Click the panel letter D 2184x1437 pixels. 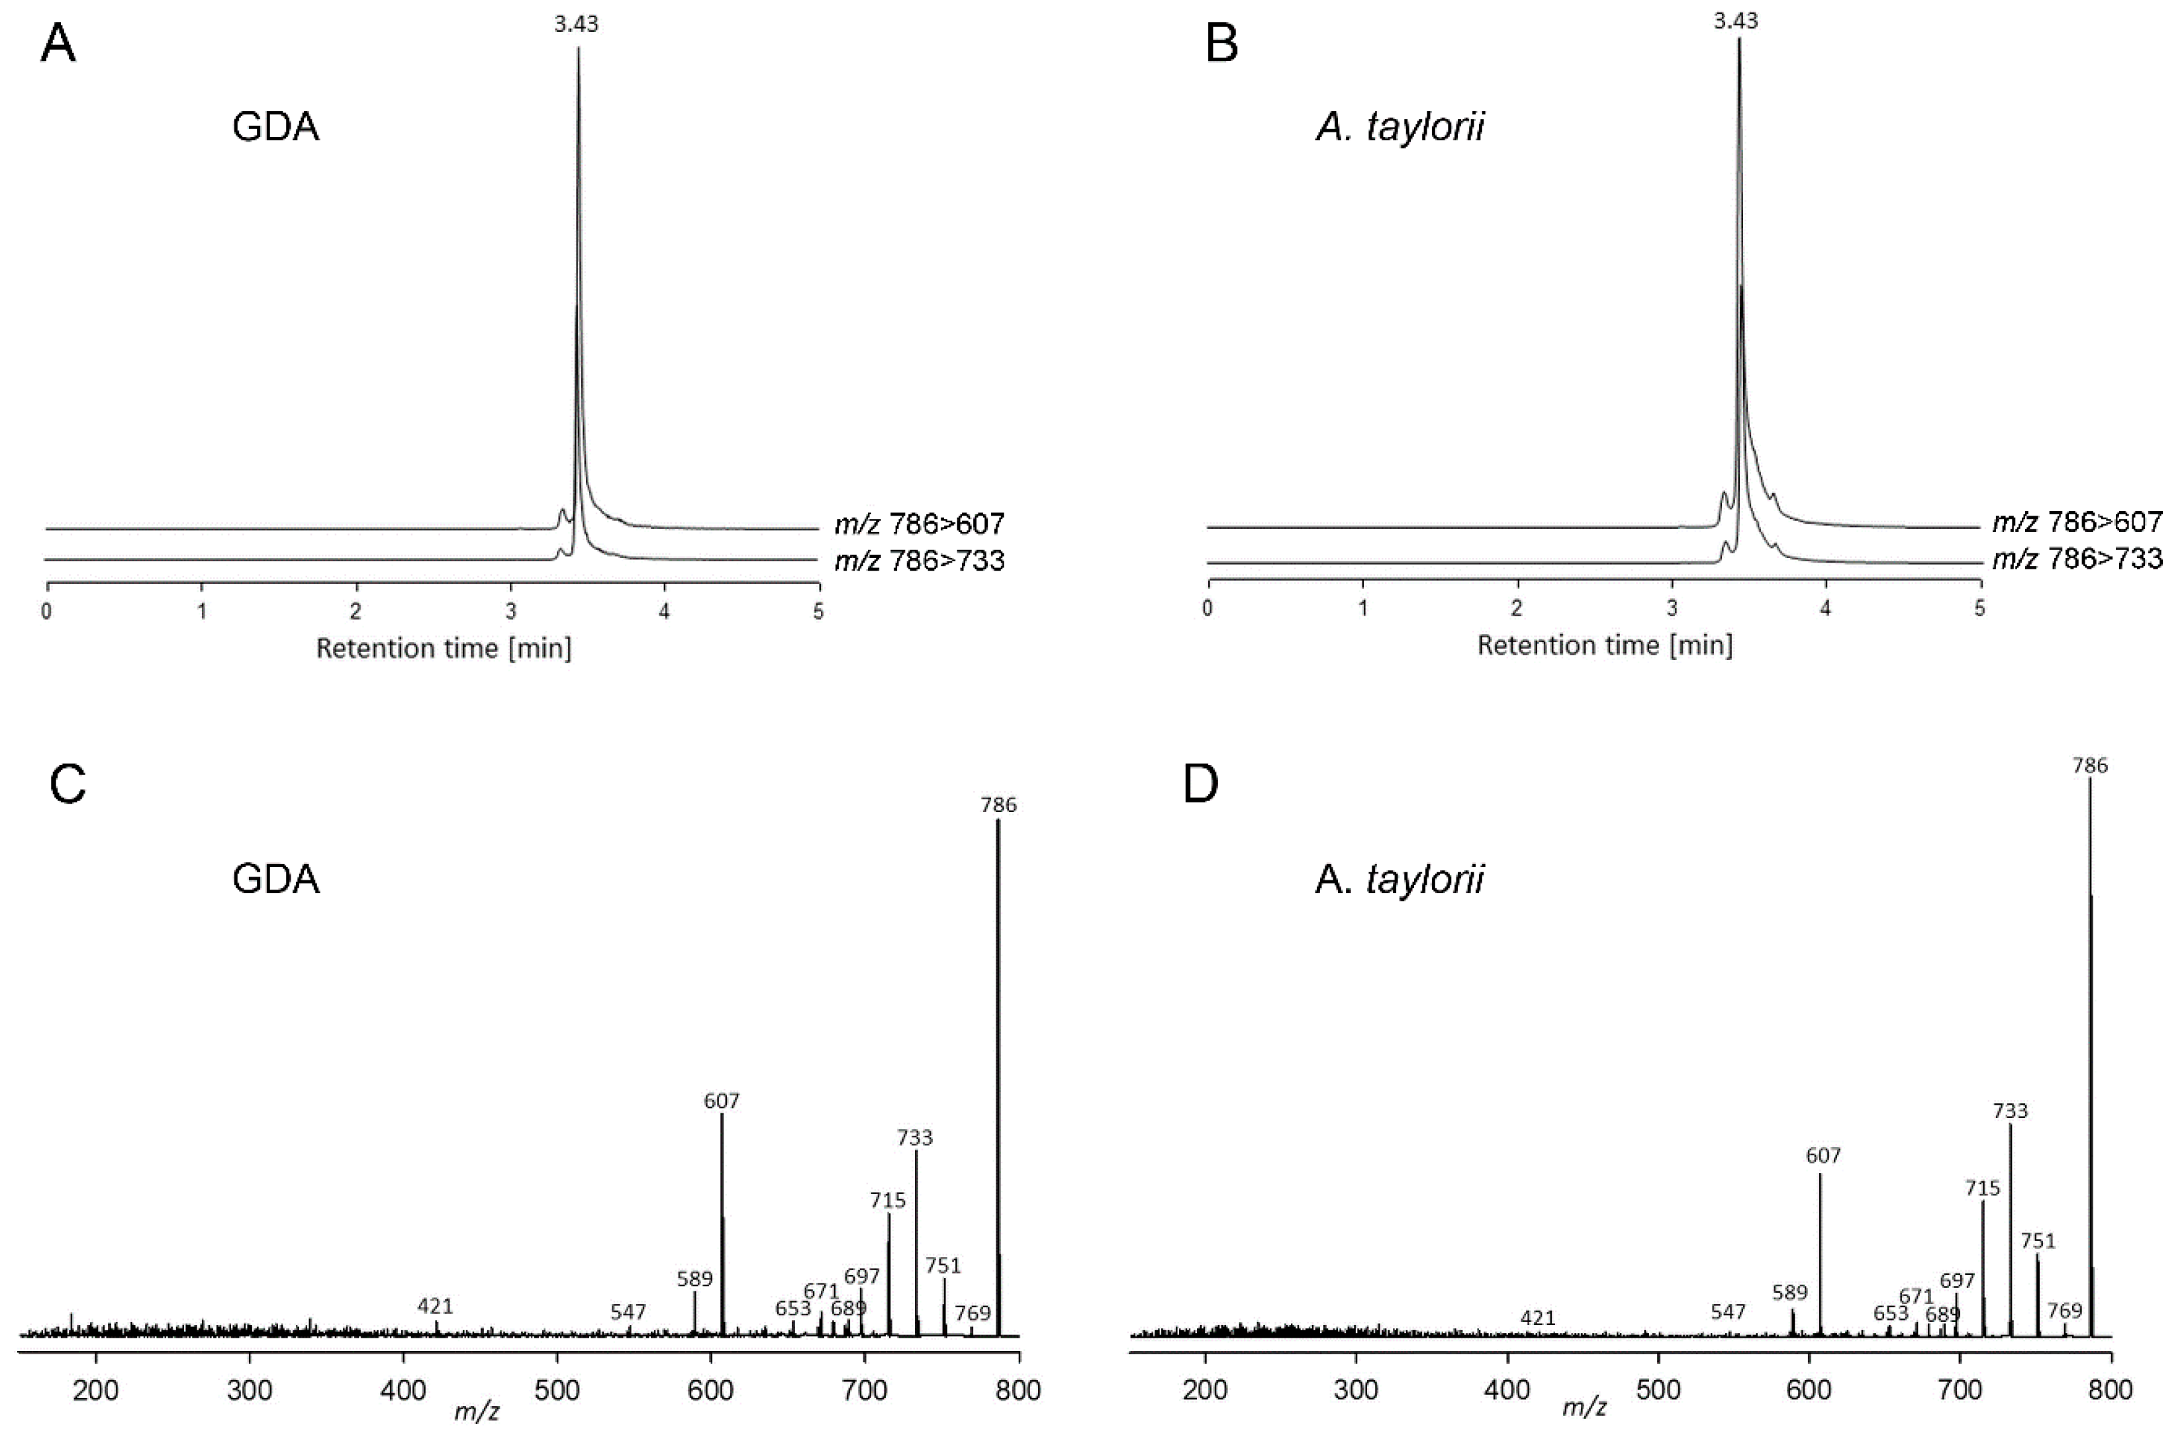[x=1200, y=784]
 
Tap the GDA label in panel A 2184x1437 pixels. [x=275, y=126]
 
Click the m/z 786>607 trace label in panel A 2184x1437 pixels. [x=919, y=524]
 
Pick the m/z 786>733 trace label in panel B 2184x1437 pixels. [x=2077, y=558]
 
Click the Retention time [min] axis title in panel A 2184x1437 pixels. [x=444, y=649]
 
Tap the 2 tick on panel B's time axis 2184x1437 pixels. [x=1517, y=608]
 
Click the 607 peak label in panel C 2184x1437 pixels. [x=722, y=1100]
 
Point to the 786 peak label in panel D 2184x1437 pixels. [x=2089, y=765]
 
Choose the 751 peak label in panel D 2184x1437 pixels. [x=2038, y=1240]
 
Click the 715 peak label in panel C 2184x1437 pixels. [x=887, y=1199]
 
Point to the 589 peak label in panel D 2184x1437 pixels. [x=1789, y=1292]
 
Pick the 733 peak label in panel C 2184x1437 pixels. [x=914, y=1138]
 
